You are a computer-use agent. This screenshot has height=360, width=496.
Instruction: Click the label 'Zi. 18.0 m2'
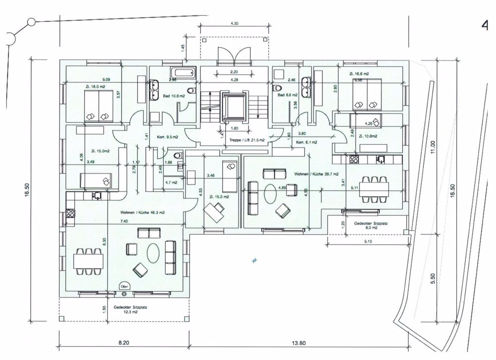[x=95, y=86]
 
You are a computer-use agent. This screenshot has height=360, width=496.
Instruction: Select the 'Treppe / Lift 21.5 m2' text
[x=247, y=140]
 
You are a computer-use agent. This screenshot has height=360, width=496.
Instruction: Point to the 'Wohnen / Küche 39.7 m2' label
[x=316, y=175]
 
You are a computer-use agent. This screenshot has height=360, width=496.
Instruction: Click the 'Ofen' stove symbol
[x=124, y=286]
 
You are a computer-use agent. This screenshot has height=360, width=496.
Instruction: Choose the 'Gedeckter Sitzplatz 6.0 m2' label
[x=371, y=226]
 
